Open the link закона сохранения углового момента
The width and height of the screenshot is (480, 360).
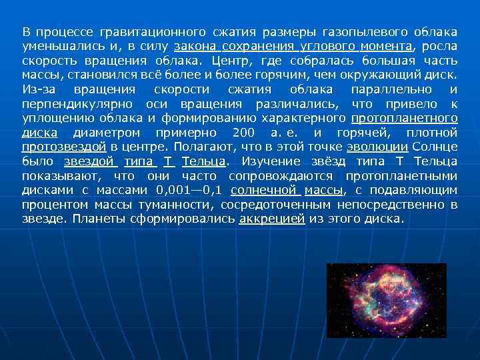click(293, 47)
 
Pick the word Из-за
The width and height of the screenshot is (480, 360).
click(36, 89)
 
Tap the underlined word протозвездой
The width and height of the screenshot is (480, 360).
click(63, 147)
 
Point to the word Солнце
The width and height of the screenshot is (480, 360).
click(435, 147)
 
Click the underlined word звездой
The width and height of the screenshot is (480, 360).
click(90, 161)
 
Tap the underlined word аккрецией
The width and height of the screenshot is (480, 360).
click(271, 219)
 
